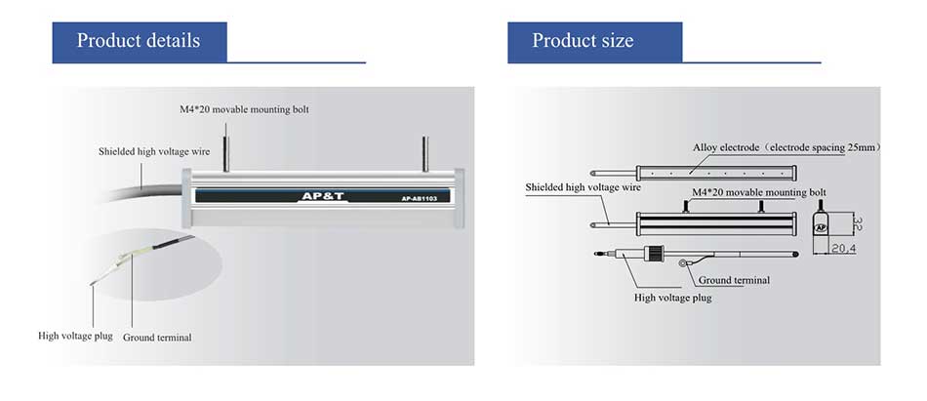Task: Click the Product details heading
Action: [x=139, y=40]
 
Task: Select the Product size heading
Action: [x=583, y=40]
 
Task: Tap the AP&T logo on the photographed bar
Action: [x=322, y=196]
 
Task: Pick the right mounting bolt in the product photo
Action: [x=424, y=154]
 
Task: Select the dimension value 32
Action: [x=858, y=222]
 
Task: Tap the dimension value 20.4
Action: [x=844, y=250]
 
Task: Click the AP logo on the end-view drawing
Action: [x=821, y=227]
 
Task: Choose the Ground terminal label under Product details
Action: [x=157, y=338]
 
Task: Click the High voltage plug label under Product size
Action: [x=672, y=298]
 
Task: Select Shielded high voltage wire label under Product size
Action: [x=583, y=187]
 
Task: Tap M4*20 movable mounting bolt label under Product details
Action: [x=244, y=109]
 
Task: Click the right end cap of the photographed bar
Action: [x=459, y=198]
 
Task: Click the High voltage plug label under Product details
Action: [x=75, y=336]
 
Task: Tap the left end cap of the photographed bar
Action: [x=186, y=198]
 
